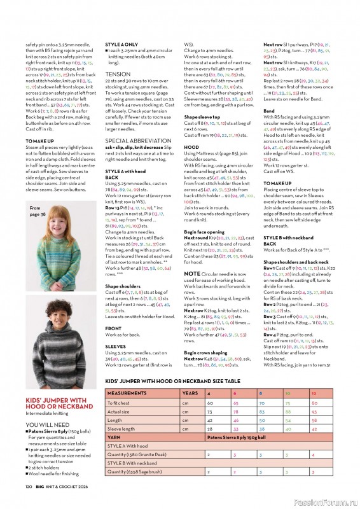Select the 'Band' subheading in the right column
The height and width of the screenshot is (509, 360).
point(269,111)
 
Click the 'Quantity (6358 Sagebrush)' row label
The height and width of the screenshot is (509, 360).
point(135,471)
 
